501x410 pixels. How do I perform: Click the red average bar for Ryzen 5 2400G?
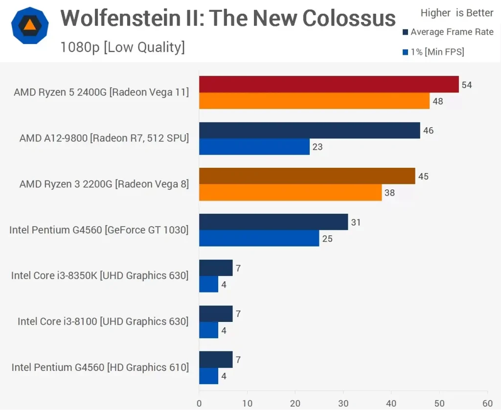[x=329, y=84]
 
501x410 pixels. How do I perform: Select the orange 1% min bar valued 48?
[x=314, y=101]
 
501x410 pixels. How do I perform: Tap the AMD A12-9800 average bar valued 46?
[x=309, y=130]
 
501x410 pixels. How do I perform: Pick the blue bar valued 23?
[x=254, y=147]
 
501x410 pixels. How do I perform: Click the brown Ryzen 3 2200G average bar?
[x=307, y=176]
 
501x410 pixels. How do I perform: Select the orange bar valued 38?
[x=290, y=193]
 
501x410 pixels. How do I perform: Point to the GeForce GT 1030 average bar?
[x=273, y=222]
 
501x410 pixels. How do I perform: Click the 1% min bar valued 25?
[x=259, y=239]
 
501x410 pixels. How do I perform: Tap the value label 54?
[x=467, y=85]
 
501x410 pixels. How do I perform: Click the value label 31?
[x=356, y=223]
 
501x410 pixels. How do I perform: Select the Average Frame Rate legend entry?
[x=448, y=32]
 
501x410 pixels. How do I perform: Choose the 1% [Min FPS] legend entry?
[x=433, y=52]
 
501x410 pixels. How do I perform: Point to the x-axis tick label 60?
[x=487, y=404]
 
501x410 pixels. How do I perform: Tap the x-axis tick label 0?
[x=199, y=404]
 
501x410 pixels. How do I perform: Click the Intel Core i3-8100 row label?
[x=103, y=321]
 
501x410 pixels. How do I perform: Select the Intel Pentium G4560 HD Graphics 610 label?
[x=100, y=367]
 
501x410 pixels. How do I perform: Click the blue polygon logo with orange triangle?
[x=30, y=25]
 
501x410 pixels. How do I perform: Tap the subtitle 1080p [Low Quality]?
[x=122, y=47]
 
